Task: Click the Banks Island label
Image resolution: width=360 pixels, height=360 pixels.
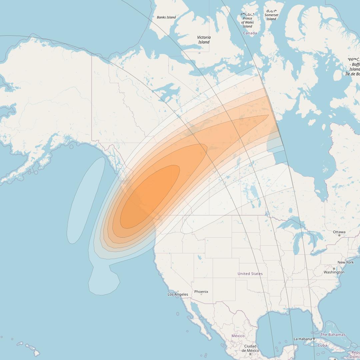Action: click(x=166, y=17)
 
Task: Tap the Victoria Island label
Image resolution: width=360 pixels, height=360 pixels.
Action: click(x=204, y=40)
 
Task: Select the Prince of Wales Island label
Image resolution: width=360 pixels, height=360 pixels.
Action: click(x=247, y=22)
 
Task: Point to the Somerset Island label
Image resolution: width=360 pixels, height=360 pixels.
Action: click(x=271, y=17)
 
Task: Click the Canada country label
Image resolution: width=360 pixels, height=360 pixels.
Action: click(x=250, y=33)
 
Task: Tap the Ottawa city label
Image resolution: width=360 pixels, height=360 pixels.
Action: click(x=339, y=232)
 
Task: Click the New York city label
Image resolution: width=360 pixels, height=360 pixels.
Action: click(x=346, y=262)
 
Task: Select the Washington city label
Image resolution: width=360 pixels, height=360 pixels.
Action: click(x=334, y=272)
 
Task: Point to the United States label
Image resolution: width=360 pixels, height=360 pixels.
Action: click(x=250, y=274)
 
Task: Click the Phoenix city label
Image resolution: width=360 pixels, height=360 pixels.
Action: click(x=201, y=292)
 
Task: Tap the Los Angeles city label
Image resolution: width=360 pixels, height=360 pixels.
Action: click(x=178, y=295)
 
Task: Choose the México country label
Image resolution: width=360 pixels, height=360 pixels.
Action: click(x=238, y=336)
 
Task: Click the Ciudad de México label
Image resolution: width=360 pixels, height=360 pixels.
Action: click(x=250, y=348)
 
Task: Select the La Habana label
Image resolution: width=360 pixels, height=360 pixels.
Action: click(x=302, y=339)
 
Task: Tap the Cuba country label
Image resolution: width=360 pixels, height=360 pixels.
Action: click(x=322, y=345)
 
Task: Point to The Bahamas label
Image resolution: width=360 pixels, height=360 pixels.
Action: click(x=333, y=335)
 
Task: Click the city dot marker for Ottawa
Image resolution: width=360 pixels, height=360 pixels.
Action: click(x=339, y=235)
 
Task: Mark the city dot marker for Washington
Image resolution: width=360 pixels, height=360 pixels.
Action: click(x=334, y=269)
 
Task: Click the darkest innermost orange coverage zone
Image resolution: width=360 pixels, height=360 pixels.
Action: click(x=150, y=197)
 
